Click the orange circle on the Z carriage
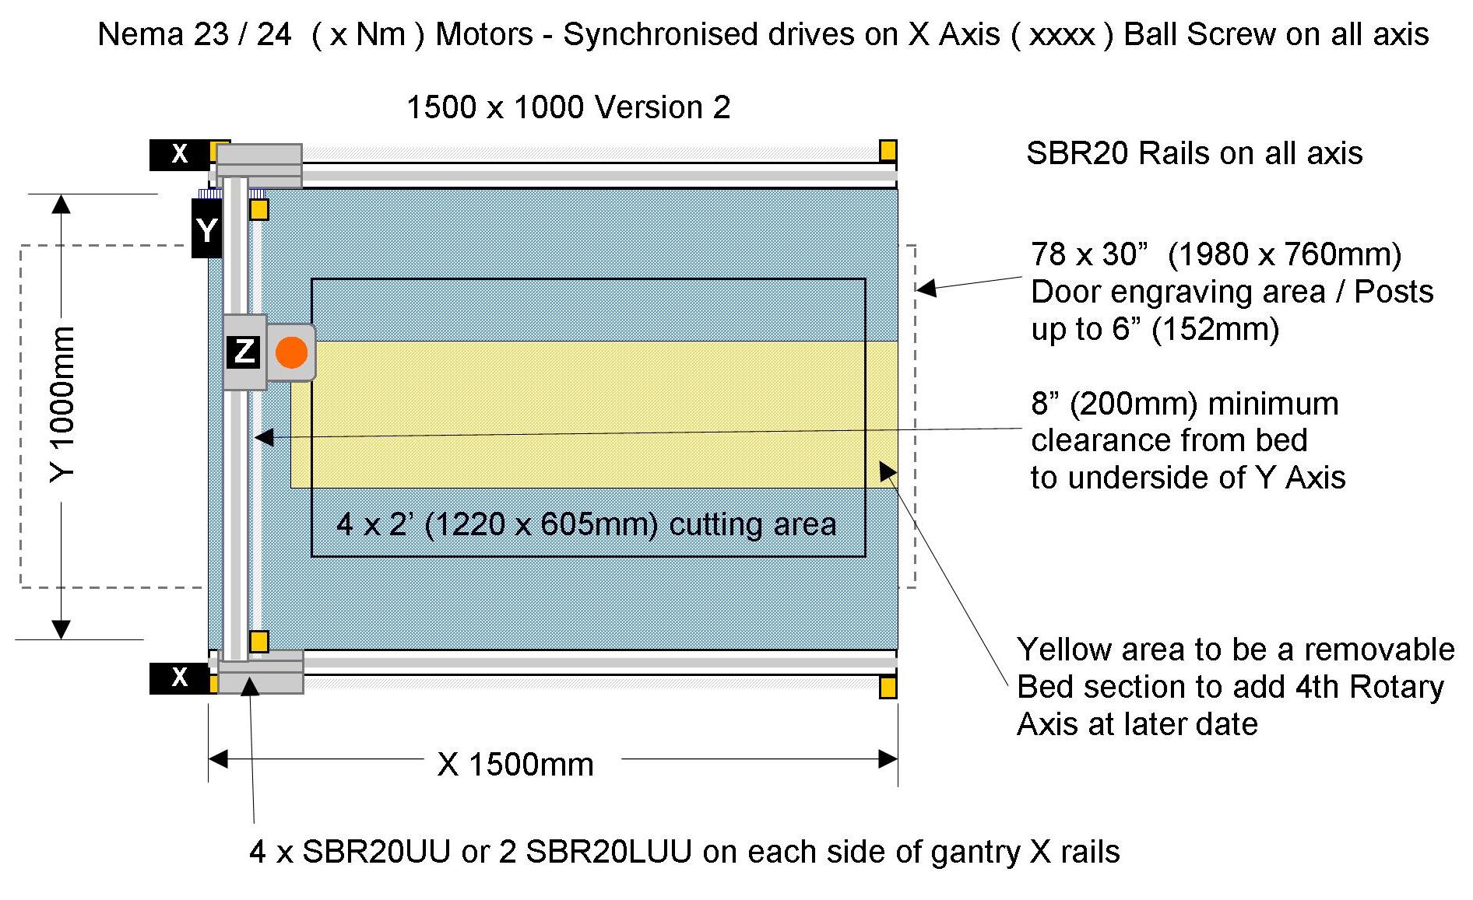291,352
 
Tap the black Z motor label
244,352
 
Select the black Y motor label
206,230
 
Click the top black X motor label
179,154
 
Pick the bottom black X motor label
179,678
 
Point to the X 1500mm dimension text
515,765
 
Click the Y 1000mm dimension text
62,404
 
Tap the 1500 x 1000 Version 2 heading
568,107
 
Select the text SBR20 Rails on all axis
1194,153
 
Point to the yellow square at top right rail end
888,150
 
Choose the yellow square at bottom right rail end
888,688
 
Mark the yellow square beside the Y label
258,209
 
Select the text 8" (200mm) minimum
1184,404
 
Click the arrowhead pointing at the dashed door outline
924,289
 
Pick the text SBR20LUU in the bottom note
608,852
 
